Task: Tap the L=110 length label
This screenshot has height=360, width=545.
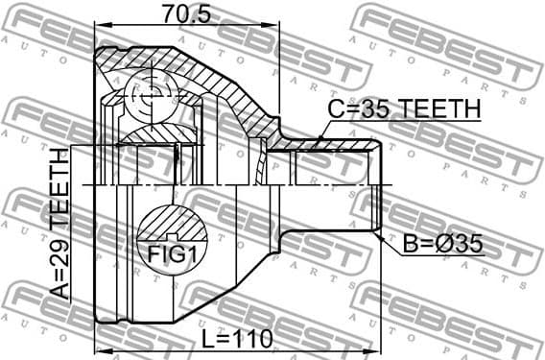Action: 239,338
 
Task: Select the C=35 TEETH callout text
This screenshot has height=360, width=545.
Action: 403,109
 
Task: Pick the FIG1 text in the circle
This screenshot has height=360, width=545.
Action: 174,255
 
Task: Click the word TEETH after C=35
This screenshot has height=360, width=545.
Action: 437,109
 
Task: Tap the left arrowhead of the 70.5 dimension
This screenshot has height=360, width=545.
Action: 100,27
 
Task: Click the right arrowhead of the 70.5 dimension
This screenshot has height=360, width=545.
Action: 274,27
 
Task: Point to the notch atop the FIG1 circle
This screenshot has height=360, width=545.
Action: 174,233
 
